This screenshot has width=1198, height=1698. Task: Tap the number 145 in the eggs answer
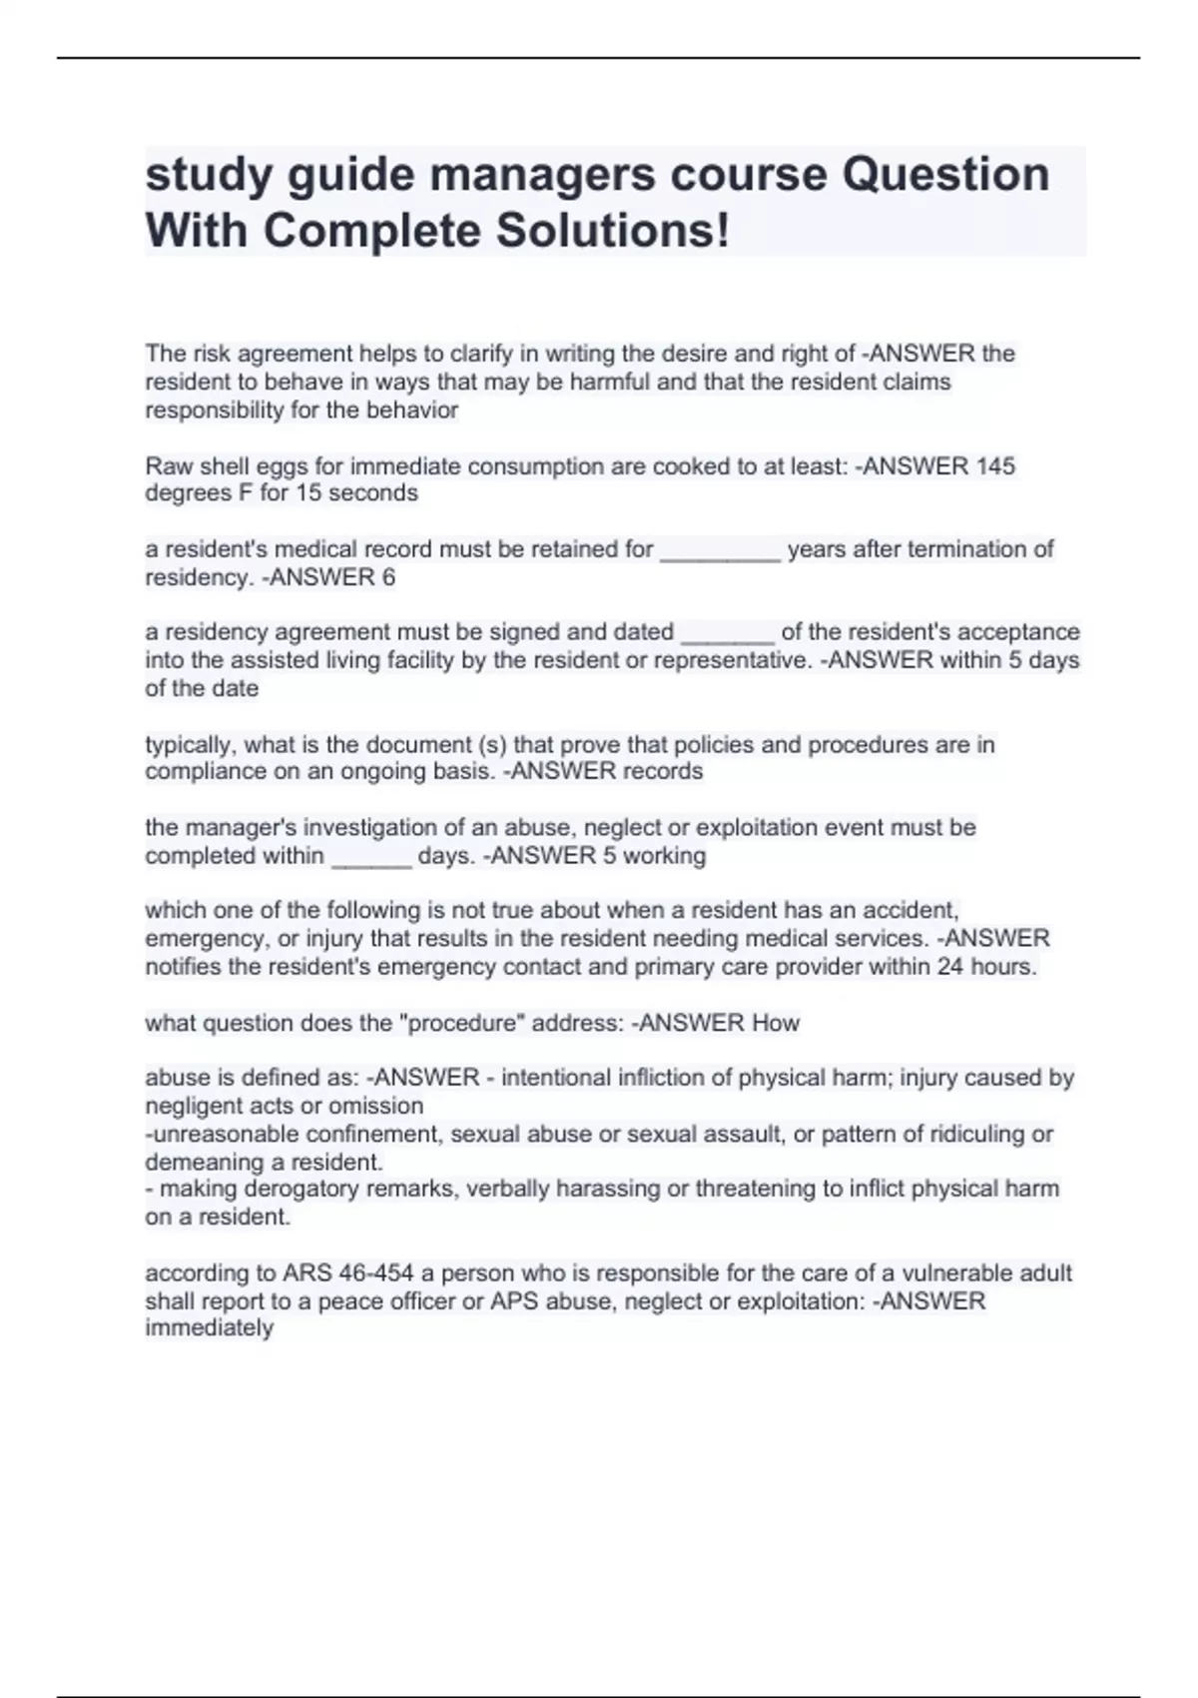(x=995, y=465)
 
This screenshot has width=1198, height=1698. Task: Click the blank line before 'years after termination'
(x=720, y=551)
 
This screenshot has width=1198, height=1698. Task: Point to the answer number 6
(x=388, y=577)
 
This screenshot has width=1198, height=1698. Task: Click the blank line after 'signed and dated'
(x=727, y=634)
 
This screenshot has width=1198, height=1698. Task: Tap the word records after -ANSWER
(x=663, y=771)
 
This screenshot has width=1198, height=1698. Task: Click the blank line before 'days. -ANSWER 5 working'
(x=370, y=858)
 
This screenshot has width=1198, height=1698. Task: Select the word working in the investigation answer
(x=666, y=856)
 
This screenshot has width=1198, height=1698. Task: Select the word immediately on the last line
(x=209, y=1327)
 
